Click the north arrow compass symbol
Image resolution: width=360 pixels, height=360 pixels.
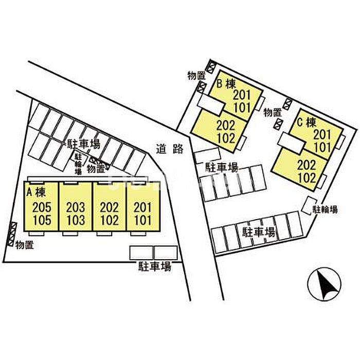pos(324,284)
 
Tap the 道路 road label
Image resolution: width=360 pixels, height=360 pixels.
pos(170,149)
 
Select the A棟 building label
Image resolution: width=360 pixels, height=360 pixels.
pos(36,192)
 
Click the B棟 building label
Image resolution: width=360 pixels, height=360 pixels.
pos(226,84)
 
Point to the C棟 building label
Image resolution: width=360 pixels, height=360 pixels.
pos(307,122)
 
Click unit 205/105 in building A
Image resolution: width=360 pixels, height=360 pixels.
pos(41,206)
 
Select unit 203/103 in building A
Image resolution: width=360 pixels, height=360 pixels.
pos(76,206)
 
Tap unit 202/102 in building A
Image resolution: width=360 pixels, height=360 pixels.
pos(110,206)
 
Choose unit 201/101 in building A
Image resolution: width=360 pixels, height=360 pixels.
pos(143,206)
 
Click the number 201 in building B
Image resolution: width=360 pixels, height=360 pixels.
pos(242,95)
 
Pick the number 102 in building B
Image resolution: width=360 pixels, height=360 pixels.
pos(226,138)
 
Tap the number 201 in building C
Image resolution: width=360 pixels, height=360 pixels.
pos(322,135)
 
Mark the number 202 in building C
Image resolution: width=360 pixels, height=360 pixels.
pos(307,165)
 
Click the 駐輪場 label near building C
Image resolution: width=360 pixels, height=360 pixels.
pos(326,209)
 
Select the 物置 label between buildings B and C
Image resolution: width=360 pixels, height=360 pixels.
pos(273,113)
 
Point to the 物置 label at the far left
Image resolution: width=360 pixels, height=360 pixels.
pos(25,245)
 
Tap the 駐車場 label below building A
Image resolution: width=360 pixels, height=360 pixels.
pos(155,266)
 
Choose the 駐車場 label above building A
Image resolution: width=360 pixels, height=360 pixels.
pos(83,144)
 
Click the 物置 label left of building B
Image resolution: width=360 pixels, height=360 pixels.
pos(196,76)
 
